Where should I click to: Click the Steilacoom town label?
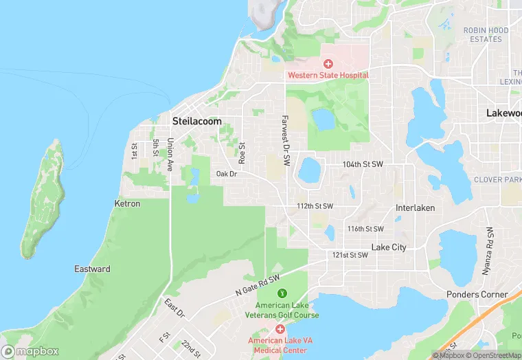[196, 121]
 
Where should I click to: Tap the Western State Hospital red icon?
[328, 64]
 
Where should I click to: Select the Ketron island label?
[127, 204]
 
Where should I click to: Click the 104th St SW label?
[363, 165]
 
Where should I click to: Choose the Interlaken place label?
[415, 207]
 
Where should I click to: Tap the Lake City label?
[389, 247]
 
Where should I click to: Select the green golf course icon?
[282, 293]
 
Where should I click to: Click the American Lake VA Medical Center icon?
[280, 330]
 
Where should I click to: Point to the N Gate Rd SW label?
[258, 282]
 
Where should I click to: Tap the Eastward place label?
[92, 269]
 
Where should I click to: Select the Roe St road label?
[242, 152]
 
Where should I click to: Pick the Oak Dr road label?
[226, 174]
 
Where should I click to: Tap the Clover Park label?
[498, 180]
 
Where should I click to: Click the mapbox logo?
[30, 351]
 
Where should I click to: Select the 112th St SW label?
[315, 206]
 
